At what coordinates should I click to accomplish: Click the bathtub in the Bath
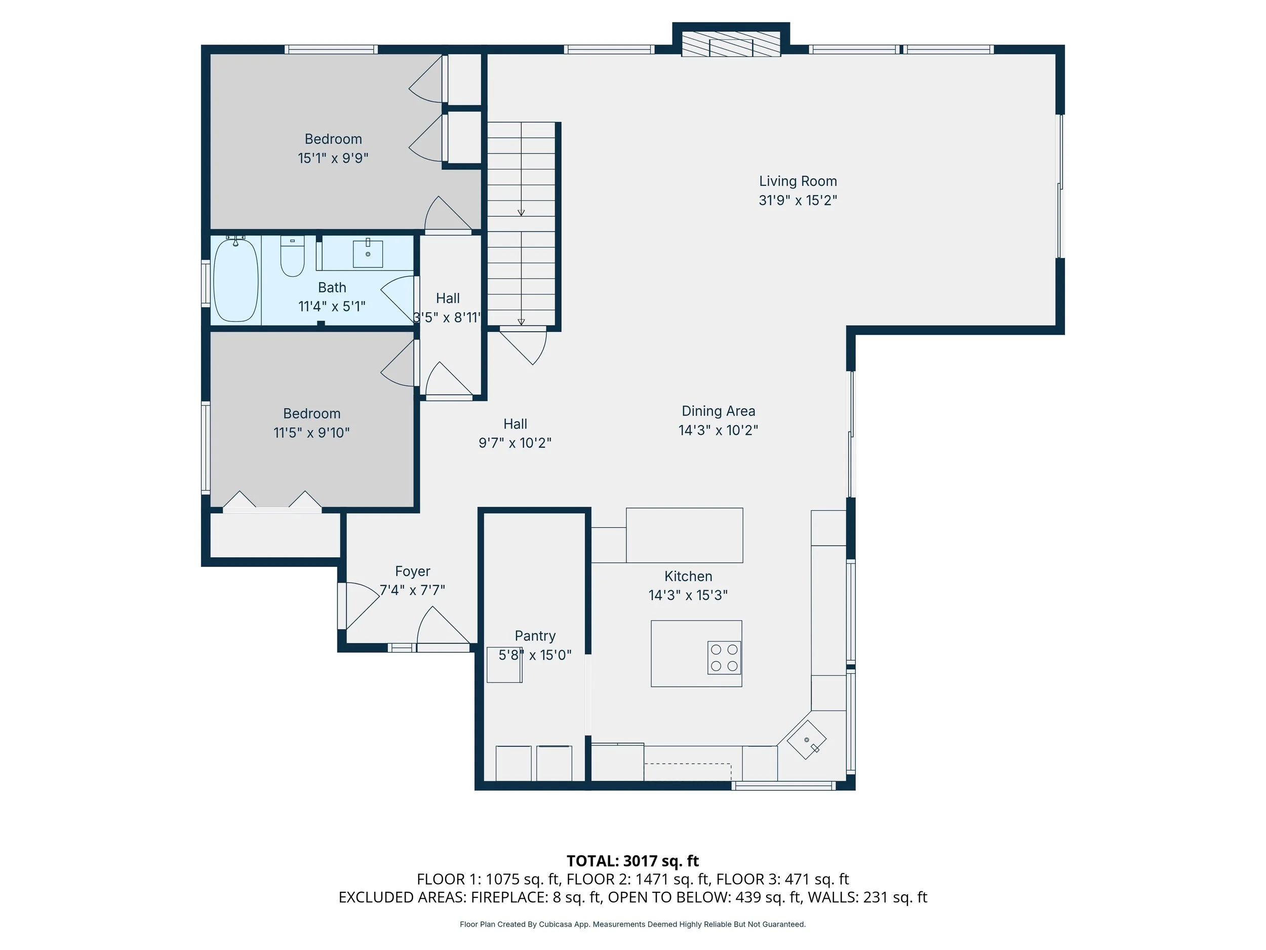click(236, 280)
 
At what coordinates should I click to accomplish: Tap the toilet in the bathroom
click(292, 256)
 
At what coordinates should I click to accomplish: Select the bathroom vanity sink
click(368, 254)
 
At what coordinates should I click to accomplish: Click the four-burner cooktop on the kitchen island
click(724, 657)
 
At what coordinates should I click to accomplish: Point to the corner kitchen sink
click(806, 740)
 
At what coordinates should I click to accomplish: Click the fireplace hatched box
click(731, 44)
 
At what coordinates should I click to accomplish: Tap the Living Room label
click(798, 181)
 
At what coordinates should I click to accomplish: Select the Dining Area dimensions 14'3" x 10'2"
click(718, 430)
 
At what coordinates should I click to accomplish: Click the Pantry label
click(535, 636)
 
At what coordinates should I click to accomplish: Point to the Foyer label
click(413, 571)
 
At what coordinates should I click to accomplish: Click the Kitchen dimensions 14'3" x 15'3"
click(688, 595)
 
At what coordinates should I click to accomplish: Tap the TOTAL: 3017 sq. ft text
click(633, 861)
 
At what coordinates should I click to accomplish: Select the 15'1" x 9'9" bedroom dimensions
click(333, 158)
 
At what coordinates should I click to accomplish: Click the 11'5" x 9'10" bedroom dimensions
click(311, 432)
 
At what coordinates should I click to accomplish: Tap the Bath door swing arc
click(397, 300)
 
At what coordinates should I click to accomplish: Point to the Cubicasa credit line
click(632, 924)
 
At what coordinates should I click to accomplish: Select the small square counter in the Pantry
click(504, 665)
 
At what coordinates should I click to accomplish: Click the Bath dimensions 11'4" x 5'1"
click(332, 307)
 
